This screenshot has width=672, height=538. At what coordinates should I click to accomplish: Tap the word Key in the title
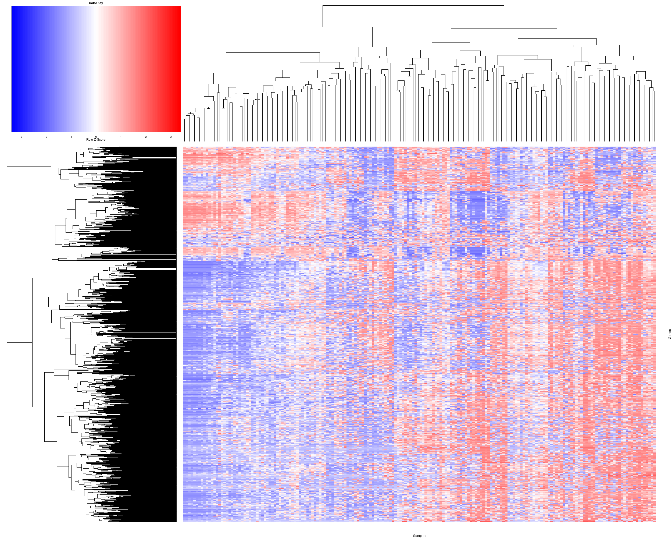(x=100, y=3)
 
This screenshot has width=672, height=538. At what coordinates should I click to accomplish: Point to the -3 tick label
(x=21, y=137)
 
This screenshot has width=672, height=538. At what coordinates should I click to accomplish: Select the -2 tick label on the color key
(x=46, y=137)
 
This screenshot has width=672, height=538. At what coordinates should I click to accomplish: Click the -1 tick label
(x=71, y=137)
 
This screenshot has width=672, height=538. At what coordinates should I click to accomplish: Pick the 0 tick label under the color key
(x=96, y=137)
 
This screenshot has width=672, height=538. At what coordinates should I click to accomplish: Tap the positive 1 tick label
(x=121, y=137)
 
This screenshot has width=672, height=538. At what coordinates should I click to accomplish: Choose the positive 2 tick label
(x=146, y=137)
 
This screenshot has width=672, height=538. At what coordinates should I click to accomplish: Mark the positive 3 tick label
(x=171, y=137)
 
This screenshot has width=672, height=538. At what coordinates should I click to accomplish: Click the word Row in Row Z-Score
(x=89, y=139)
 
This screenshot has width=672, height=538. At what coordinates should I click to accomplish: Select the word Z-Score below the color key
(x=99, y=139)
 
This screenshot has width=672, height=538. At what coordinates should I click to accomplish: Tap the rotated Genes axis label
(x=669, y=334)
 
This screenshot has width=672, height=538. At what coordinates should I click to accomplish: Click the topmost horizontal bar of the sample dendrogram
(x=413, y=6)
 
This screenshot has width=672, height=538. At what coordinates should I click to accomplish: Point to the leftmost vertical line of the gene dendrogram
(x=7, y=254)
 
